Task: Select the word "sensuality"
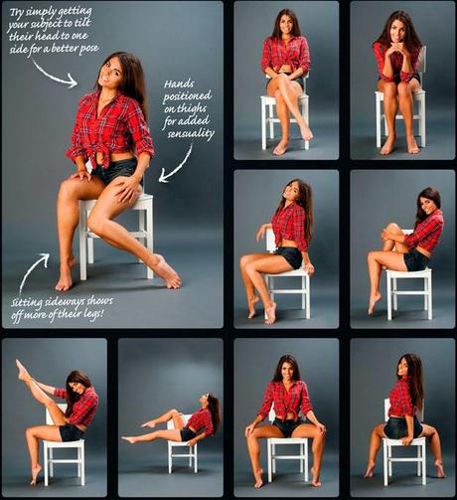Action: coord(191,133)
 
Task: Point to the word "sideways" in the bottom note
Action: coord(67,302)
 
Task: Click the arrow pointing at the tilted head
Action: coord(54,75)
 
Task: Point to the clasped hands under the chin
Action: coord(401,50)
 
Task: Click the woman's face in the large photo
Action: coord(110,72)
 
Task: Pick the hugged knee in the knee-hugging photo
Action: coord(390,229)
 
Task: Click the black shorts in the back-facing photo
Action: coord(402,427)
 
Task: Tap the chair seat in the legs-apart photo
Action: coord(287,441)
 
